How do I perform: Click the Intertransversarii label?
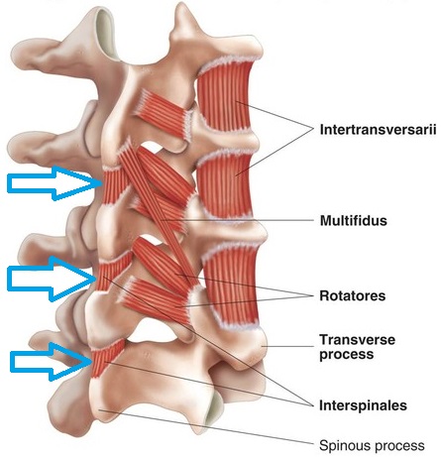click(x=378, y=130)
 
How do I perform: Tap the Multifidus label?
click(x=353, y=220)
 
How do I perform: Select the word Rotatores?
click(x=352, y=295)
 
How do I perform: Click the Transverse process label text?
click(x=357, y=347)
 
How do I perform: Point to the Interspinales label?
click(x=363, y=405)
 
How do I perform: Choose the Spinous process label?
click(x=372, y=445)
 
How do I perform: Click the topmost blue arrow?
click(x=55, y=183)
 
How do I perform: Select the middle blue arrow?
click(x=53, y=280)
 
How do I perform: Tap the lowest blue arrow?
click(x=52, y=362)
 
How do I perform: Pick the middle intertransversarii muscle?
click(x=225, y=186)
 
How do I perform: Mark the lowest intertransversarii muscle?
click(x=231, y=286)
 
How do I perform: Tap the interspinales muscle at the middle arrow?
click(x=112, y=273)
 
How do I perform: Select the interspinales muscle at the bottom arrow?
click(x=105, y=359)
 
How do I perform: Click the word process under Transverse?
click(x=347, y=355)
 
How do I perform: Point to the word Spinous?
click(x=343, y=445)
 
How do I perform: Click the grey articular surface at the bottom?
click(x=213, y=408)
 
